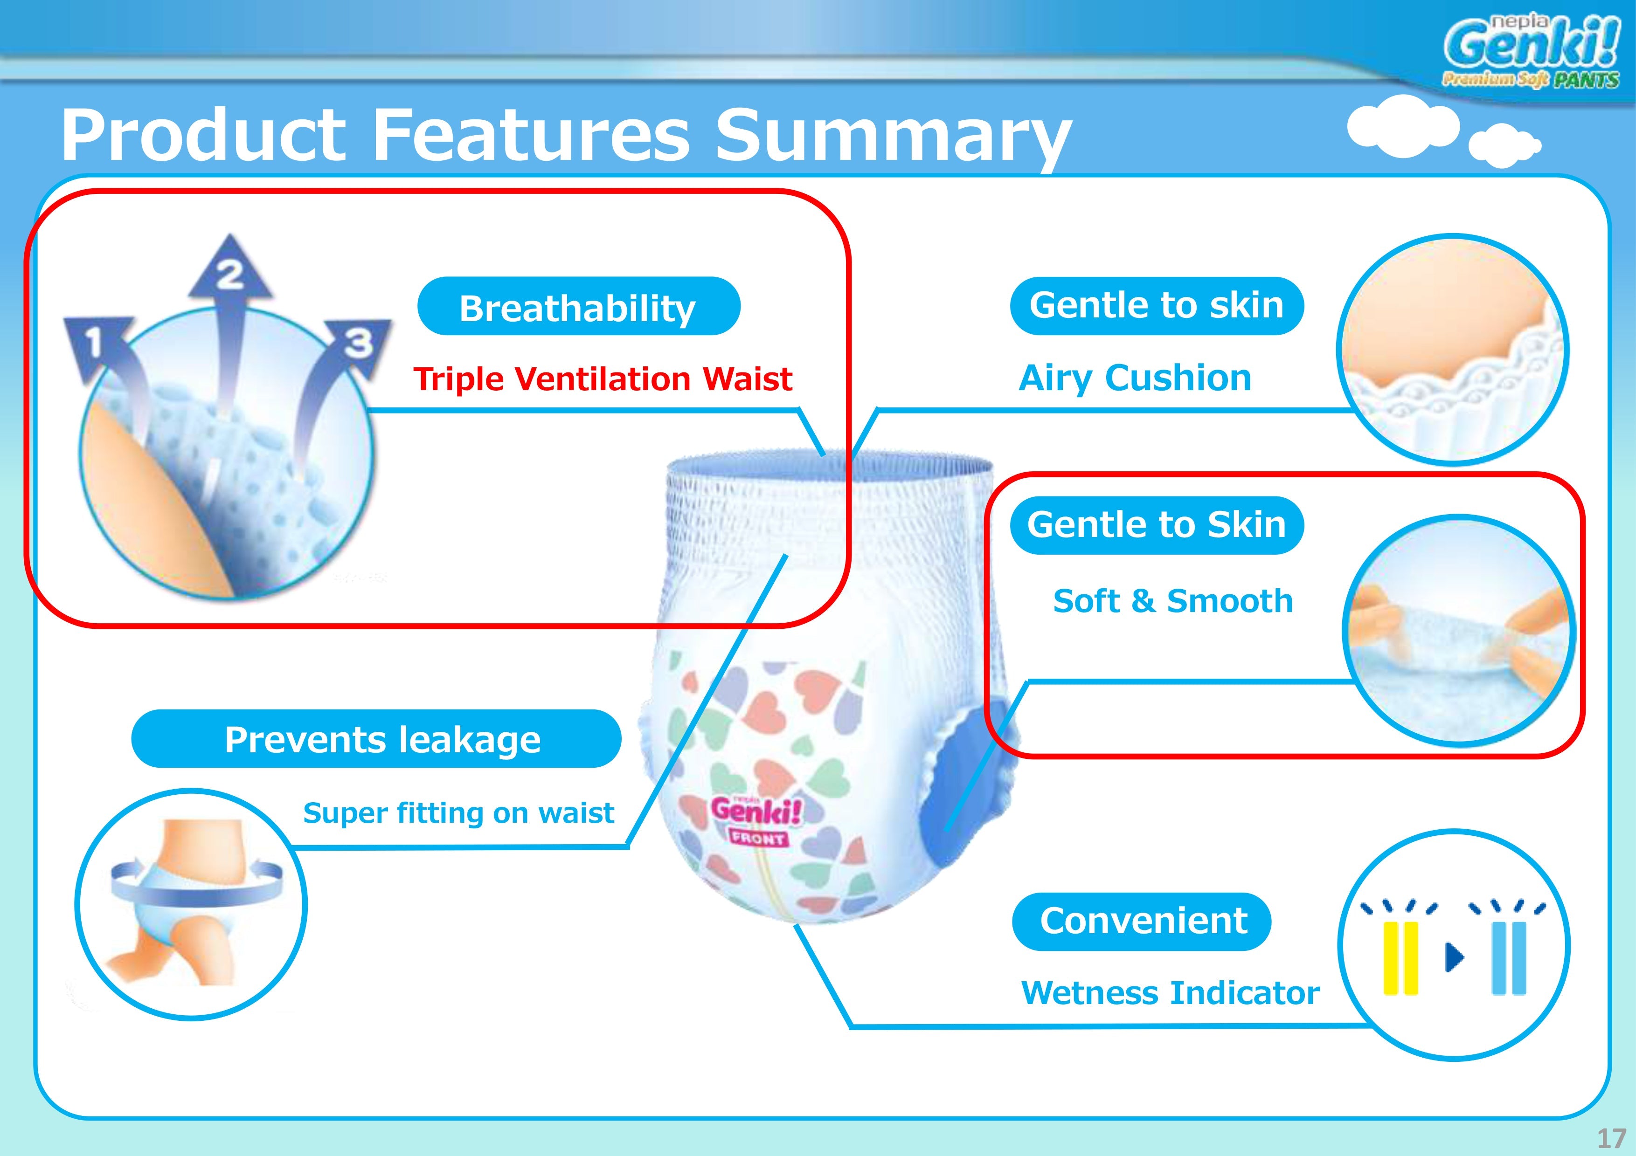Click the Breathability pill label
tap(579, 306)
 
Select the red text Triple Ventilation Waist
tap(603, 379)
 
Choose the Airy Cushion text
tap(1135, 378)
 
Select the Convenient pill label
tap(1142, 921)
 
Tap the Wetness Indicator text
tap(1170, 993)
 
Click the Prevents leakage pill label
tap(376, 739)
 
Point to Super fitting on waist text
tap(458, 812)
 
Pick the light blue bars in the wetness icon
tap(1509, 958)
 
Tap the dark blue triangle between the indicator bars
tap(1454, 957)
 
